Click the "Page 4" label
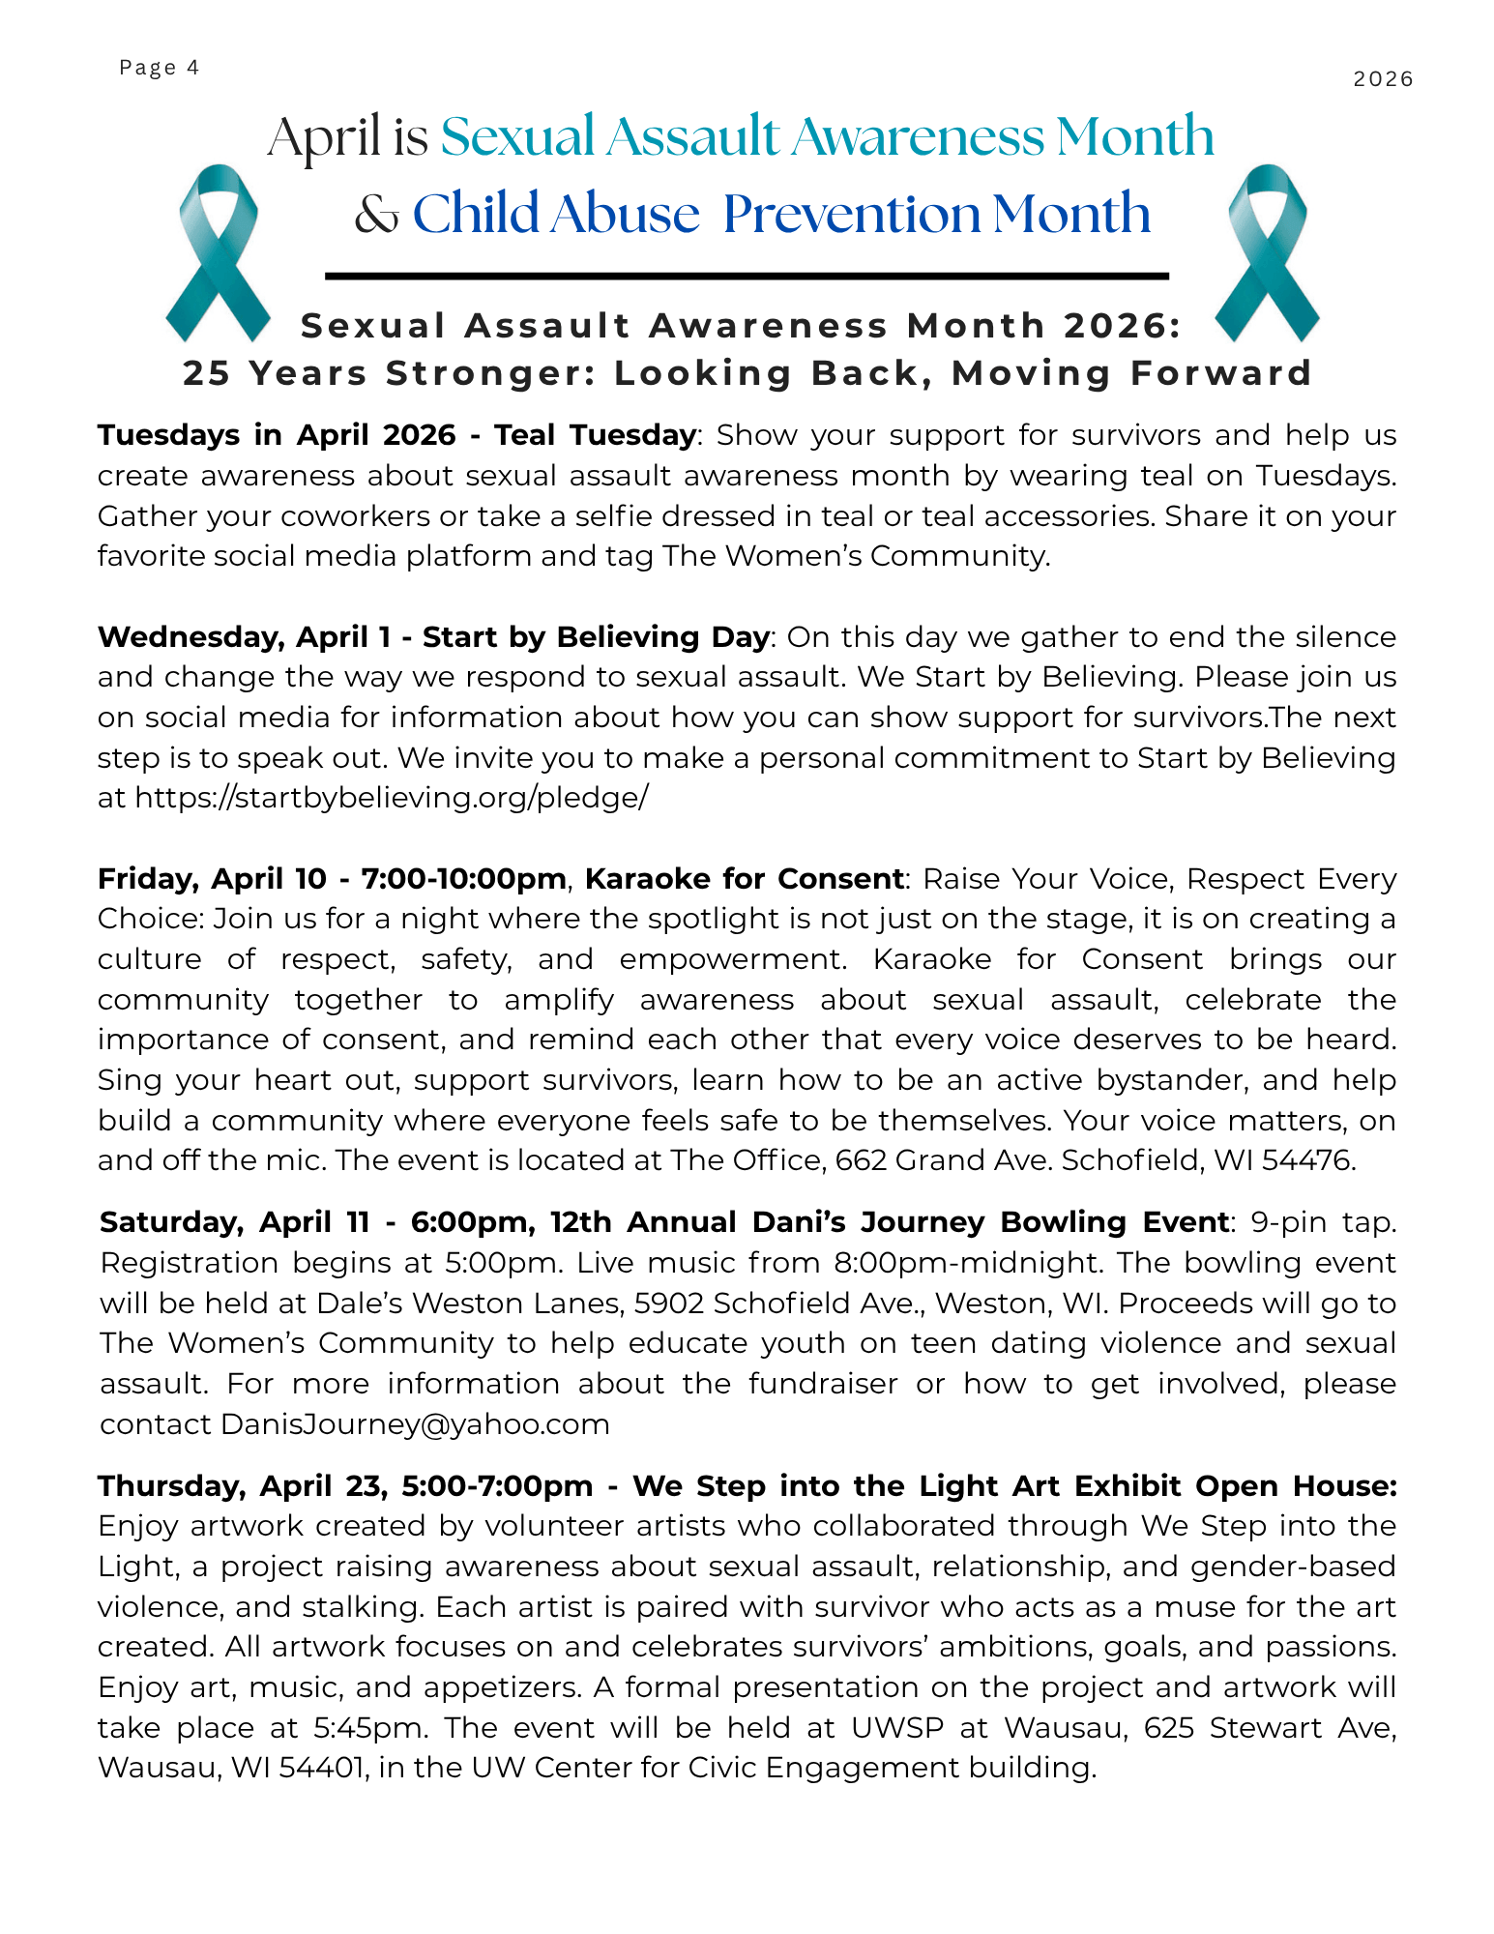(160, 68)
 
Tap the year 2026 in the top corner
(1383, 79)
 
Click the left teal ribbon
(219, 253)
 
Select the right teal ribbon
(1267, 253)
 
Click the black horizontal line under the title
(747, 277)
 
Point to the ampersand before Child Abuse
(376, 215)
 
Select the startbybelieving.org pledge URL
(392, 798)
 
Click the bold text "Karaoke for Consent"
(745, 879)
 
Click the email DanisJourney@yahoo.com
(416, 1424)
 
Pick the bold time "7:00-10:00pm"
(463, 879)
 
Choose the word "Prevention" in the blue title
(852, 215)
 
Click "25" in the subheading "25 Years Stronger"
(207, 373)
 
